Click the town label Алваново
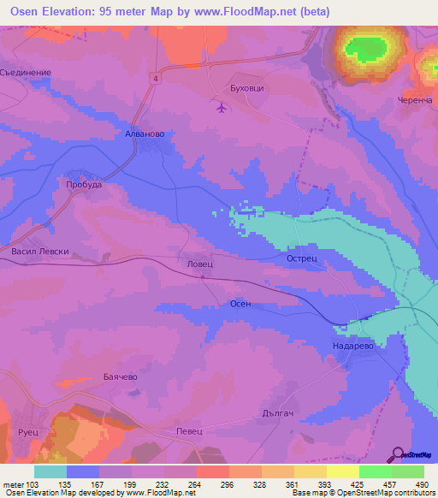pyautogui.click(x=139, y=134)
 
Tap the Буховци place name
pyautogui.click(x=226, y=87)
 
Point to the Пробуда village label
pyautogui.click(x=84, y=184)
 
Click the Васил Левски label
pyautogui.click(x=40, y=252)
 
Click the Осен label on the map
pyautogui.click(x=240, y=304)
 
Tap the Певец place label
pyautogui.click(x=188, y=431)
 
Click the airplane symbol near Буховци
pyautogui.click(x=222, y=107)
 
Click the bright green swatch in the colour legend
pyautogui.click(x=376, y=471)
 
